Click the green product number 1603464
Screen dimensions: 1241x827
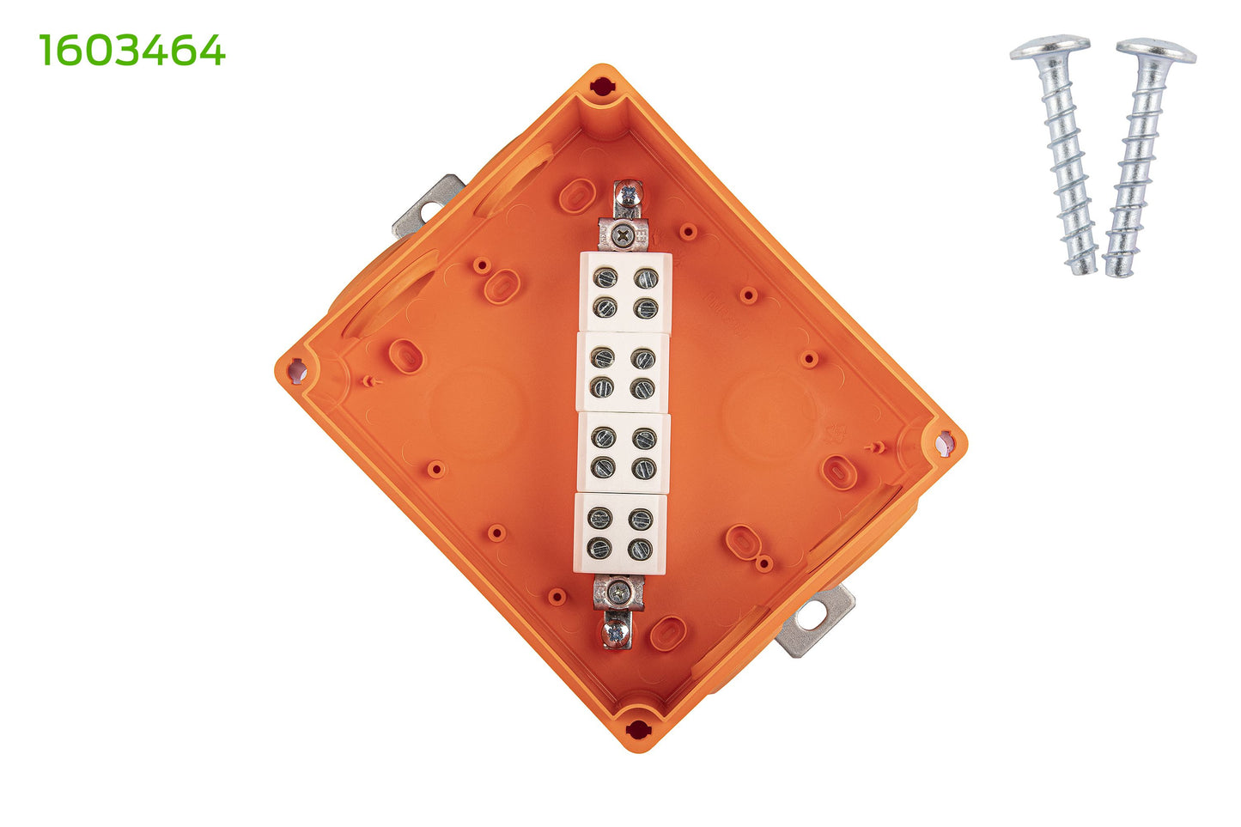(132, 50)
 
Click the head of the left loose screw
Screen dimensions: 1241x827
(1049, 47)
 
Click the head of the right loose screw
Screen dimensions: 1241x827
(1156, 51)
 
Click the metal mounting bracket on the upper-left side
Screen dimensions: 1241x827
(428, 205)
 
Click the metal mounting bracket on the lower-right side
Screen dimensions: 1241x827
(815, 620)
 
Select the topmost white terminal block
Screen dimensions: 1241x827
(625, 293)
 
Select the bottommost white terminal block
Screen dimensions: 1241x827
(620, 532)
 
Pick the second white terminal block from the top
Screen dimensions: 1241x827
(624, 373)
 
